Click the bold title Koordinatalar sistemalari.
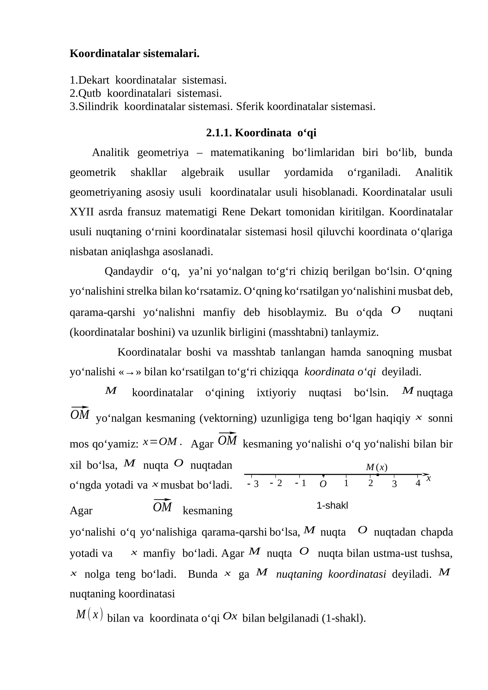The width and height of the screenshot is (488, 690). coord(135,54)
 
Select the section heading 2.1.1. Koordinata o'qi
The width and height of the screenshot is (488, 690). coord(261,133)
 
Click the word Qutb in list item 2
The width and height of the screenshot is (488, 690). coord(90,93)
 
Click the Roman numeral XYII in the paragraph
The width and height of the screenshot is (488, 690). coord(82,212)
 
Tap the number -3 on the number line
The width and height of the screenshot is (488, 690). coord(253,484)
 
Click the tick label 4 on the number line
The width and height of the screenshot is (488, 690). coord(418,483)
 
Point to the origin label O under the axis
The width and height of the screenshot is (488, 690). coord(323,484)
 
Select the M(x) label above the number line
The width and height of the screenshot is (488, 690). coord(376,467)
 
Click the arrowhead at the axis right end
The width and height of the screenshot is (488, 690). coord(425,474)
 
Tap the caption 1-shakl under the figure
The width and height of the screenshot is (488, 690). coord(332,506)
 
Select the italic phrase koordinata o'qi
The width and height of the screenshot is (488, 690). coord(340,372)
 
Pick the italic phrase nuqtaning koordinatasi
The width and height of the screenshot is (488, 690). coord(331,574)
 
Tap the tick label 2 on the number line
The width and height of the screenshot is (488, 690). coord(370,483)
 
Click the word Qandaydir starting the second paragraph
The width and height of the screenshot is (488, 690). coord(129,271)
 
